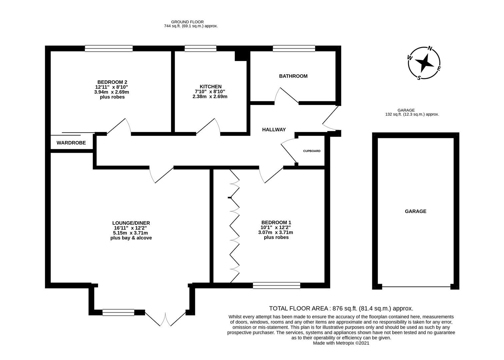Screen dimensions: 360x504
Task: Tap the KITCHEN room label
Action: coord(210,87)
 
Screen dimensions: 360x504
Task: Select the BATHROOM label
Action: coord(293,76)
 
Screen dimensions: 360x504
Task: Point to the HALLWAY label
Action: coord(274,130)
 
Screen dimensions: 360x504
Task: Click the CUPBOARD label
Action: coord(311,151)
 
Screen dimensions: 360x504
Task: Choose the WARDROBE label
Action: coord(71,143)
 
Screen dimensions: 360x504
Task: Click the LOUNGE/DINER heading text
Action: coord(131,223)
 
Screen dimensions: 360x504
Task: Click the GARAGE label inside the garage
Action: coord(415,211)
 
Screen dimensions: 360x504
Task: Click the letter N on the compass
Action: coord(430,49)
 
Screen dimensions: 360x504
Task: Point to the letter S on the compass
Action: coord(419,78)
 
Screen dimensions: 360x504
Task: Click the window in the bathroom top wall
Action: coord(294,49)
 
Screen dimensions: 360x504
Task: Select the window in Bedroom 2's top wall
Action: coord(109,49)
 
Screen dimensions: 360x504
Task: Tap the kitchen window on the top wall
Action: coord(200,49)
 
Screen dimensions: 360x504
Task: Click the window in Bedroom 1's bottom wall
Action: coord(276,285)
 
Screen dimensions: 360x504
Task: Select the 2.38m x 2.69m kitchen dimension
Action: coord(210,97)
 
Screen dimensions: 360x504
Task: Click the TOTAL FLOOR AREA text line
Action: coord(341,309)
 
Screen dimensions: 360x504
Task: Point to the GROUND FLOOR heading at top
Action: coord(190,22)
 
